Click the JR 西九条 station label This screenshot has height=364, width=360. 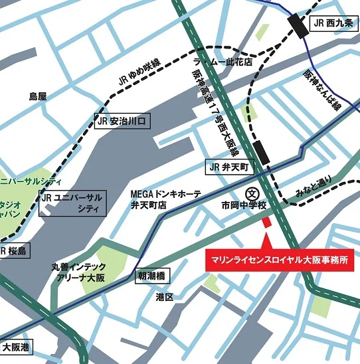pyautogui.click(x=333, y=23)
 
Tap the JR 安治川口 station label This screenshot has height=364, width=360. pyautogui.click(x=124, y=122)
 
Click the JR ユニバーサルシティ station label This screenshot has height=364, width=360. pyautogui.click(x=72, y=203)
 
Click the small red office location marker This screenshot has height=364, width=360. pyautogui.click(x=268, y=223)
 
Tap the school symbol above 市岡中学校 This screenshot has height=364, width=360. pyautogui.click(x=252, y=193)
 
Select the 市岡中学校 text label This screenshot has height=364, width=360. pyautogui.click(x=244, y=207)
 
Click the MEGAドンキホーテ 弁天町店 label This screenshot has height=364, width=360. pyautogui.click(x=165, y=199)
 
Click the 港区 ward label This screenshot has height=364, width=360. pyautogui.click(x=165, y=297)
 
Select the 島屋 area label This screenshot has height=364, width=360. pyautogui.click(x=38, y=97)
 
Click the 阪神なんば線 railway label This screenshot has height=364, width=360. pyautogui.click(x=322, y=89)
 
